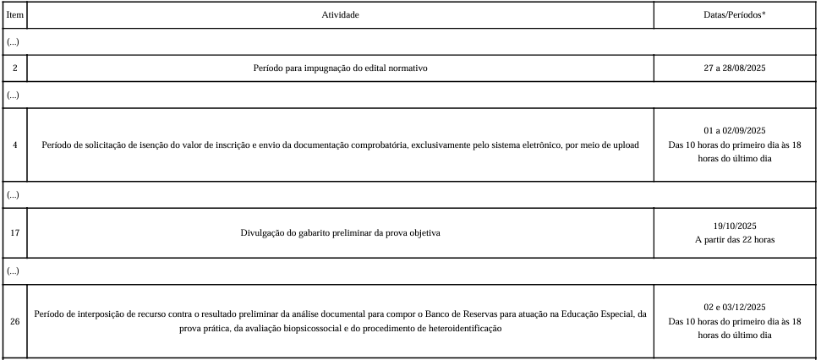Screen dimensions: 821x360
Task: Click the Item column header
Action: pos(14,15)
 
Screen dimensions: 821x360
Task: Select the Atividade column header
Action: pos(340,15)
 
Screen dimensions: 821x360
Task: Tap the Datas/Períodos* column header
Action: pos(734,15)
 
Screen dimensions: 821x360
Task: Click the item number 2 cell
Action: pos(14,68)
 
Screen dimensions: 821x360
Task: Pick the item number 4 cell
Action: pos(14,145)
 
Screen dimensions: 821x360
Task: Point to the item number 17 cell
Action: pos(14,232)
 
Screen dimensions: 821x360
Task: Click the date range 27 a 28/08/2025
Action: pos(734,68)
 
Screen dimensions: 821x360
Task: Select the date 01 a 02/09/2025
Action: pos(734,130)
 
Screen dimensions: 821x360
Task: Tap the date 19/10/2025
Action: pos(734,226)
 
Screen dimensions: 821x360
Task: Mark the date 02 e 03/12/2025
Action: pos(734,307)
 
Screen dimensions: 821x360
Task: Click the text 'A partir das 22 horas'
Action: pos(734,239)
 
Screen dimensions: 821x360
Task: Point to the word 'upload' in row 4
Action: pos(626,145)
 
